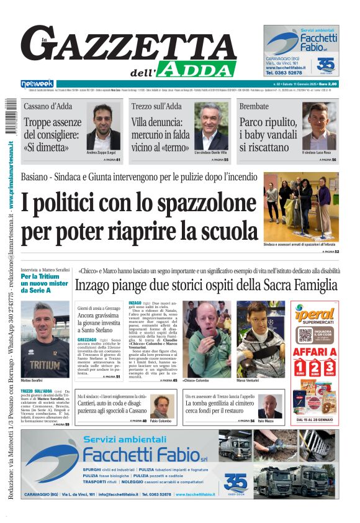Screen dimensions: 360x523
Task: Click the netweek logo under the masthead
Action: (x=37, y=84)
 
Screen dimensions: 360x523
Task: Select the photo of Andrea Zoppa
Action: (x=103, y=126)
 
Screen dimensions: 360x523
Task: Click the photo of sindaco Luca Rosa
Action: (x=320, y=126)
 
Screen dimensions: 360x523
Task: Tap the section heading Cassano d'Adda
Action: (x=48, y=106)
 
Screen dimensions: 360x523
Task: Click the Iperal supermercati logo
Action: (x=315, y=316)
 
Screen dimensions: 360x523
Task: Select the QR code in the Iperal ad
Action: (x=304, y=335)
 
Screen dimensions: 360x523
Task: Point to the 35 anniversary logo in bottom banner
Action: (x=235, y=482)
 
